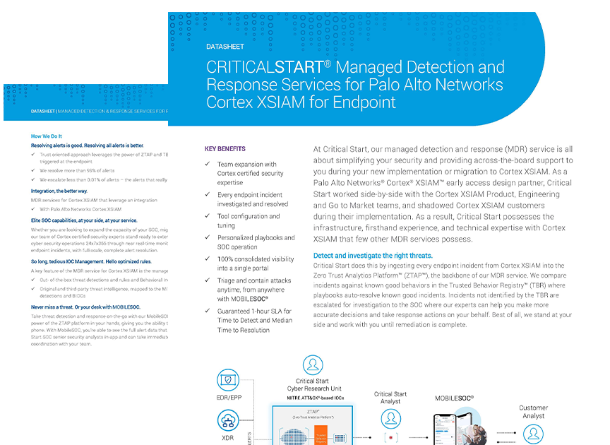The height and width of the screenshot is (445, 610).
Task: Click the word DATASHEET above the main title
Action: tap(225, 47)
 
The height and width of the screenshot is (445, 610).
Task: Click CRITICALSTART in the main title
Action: tap(264, 68)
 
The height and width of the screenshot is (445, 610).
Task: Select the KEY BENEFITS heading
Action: tap(225, 149)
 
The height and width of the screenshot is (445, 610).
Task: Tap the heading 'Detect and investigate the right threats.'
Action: tap(373, 256)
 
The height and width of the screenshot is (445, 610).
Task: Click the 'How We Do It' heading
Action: tap(47, 136)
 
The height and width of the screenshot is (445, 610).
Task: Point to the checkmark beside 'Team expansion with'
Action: tap(208, 165)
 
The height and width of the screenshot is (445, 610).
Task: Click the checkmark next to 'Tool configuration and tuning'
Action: tap(208, 217)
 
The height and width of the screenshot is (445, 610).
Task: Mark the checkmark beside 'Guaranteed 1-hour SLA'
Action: tap(208, 311)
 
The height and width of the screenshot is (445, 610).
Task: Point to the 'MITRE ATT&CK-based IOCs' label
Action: tap(316, 398)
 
